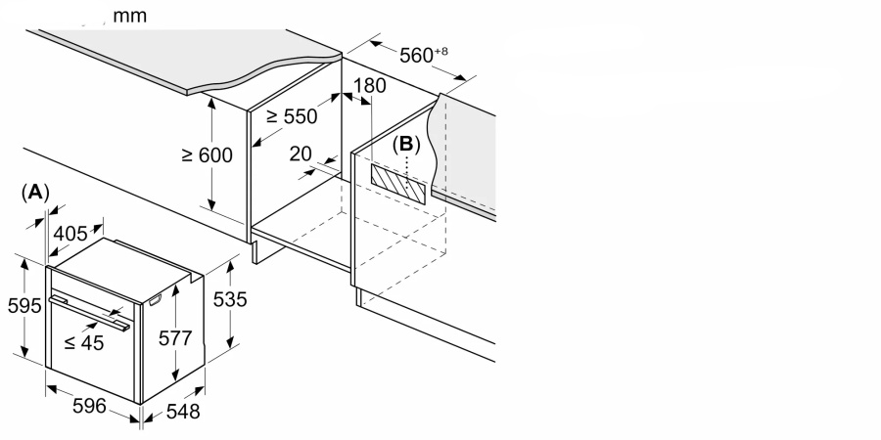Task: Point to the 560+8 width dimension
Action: tap(423, 55)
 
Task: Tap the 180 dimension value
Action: tap(369, 86)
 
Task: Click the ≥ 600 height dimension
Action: tap(207, 155)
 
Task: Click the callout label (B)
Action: tap(405, 145)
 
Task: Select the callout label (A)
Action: tap(35, 193)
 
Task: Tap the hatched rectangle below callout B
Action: tap(398, 181)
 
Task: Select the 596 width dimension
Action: tap(88, 407)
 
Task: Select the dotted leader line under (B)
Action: tap(411, 172)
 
